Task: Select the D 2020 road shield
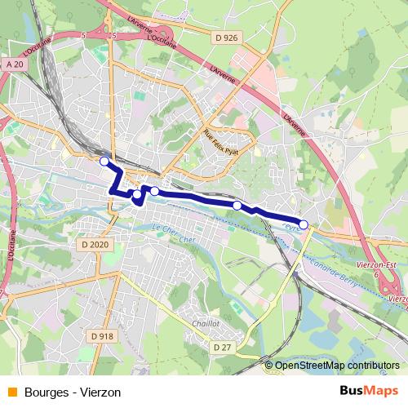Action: (x=95, y=244)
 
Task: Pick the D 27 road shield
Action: (x=222, y=347)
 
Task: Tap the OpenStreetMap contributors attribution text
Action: (x=339, y=366)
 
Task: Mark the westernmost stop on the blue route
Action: (x=104, y=162)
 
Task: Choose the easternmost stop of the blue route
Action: (x=304, y=224)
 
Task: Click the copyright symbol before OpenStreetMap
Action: (x=270, y=366)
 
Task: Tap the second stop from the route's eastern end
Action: (x=237, y=206)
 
